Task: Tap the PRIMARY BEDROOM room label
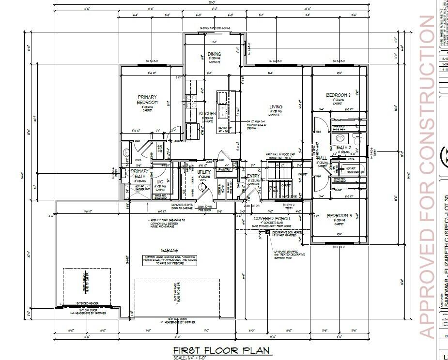tap(147, 100)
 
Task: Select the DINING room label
tap(214, 54)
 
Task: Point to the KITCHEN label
tap(207, 114)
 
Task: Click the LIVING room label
tap(276, 107)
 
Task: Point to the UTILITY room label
tap(203, 172)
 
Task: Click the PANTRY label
tap(224, 170)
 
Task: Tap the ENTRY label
tap(253, 176)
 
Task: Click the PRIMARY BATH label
tap(140, 174)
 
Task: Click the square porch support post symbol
tap(267, 233)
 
